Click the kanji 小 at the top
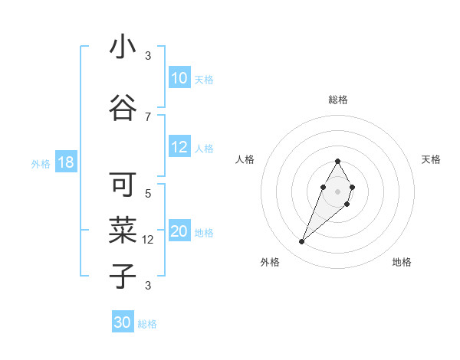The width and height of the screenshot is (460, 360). coord(123,47)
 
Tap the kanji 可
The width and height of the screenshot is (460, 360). coord(123,184)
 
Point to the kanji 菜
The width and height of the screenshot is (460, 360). coord(123,230)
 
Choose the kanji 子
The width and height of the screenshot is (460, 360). coord(123,276)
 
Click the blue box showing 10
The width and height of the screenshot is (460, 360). coord(179,78)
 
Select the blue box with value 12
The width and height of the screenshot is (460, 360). coord(179,148)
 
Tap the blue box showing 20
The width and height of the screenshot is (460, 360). coord(179,232)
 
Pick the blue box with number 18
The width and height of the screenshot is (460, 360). coord(65,162)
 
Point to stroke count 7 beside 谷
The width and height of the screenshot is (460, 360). coord(148,116)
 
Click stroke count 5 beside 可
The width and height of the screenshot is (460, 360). coord(148,193)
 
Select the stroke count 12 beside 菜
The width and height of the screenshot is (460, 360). coord(149,240)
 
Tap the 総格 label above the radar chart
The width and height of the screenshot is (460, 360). coord(337,100)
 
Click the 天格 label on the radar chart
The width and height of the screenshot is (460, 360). coord(431,159)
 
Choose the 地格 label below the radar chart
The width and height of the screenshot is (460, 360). coord(402,262)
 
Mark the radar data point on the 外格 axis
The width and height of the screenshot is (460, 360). coord(301,242)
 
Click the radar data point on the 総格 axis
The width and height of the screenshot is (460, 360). coord(337,161)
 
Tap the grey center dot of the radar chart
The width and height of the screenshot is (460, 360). coord(337,190)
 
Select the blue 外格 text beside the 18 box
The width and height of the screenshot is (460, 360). coord(41,163)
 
